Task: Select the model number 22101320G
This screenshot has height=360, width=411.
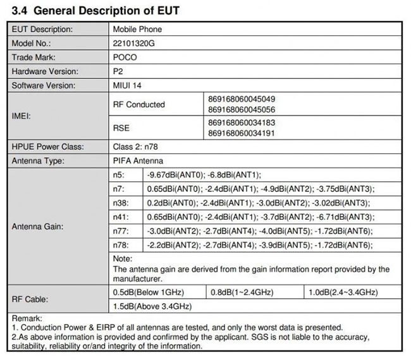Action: (x=135, y=43)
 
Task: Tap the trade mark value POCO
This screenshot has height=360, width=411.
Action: (x=125, y=57)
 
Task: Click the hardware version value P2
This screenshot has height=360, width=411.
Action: (x=118, y=71)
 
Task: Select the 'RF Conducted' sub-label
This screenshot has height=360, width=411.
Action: (x=138, y=105)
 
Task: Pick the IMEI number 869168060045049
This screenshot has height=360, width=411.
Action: (x=241, y=100)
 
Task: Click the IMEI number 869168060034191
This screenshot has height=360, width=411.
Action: (x=241, y=134)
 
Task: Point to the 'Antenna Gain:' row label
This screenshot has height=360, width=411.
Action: (x=36, y=225)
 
